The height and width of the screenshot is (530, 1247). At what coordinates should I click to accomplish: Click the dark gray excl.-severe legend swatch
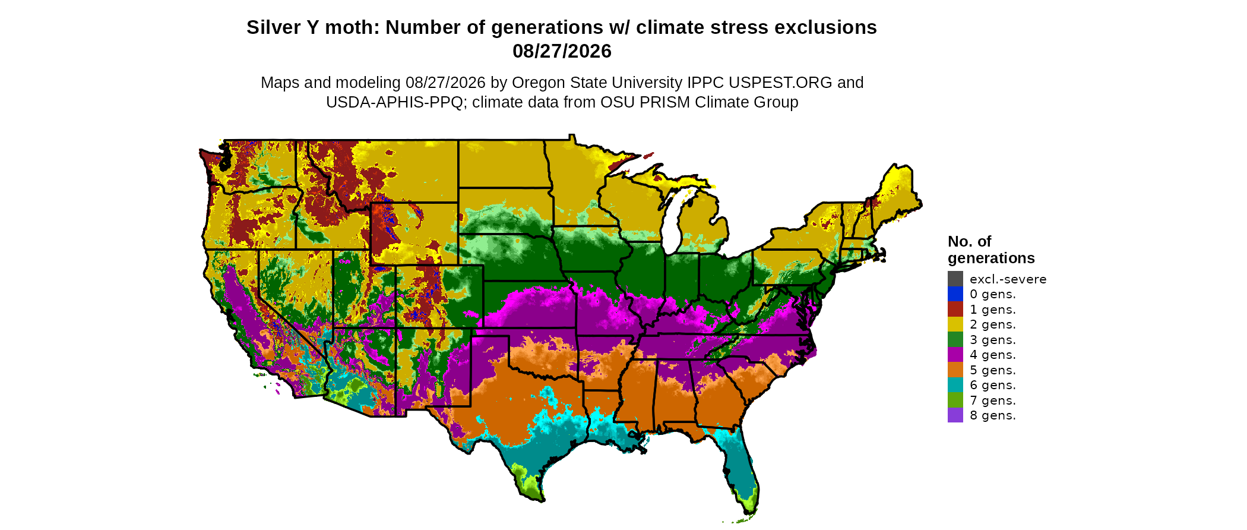click(x=955, y=279)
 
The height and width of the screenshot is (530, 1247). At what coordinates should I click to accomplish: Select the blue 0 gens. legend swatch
click(x=955, y=294)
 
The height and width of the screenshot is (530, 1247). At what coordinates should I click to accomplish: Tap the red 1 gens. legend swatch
click(x=955, y=309)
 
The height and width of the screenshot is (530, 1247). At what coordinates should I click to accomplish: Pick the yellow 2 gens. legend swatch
click(x=955, y=324)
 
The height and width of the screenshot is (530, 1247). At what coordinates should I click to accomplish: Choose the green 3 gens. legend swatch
click(x=955, y=339)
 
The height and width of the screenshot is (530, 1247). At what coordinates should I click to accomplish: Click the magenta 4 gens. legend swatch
click(x=955, y=355)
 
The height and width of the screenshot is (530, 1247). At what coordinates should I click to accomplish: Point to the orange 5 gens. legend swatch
click(x=955, y=370)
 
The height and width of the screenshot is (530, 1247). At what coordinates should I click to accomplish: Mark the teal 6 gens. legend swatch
click(x=955, y=385)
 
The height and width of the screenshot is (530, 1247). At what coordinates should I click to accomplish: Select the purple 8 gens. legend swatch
click(x=955, y=415)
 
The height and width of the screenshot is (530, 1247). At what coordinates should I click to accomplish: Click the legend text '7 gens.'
click(x=993, y=400)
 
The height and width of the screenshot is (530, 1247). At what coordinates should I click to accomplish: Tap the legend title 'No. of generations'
click(x=991, y=250)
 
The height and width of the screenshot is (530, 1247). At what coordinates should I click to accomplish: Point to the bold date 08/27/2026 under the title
click(x=562, y=51)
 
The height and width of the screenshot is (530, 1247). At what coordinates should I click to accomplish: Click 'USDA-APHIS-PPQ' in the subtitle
click(x=394, y=102)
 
